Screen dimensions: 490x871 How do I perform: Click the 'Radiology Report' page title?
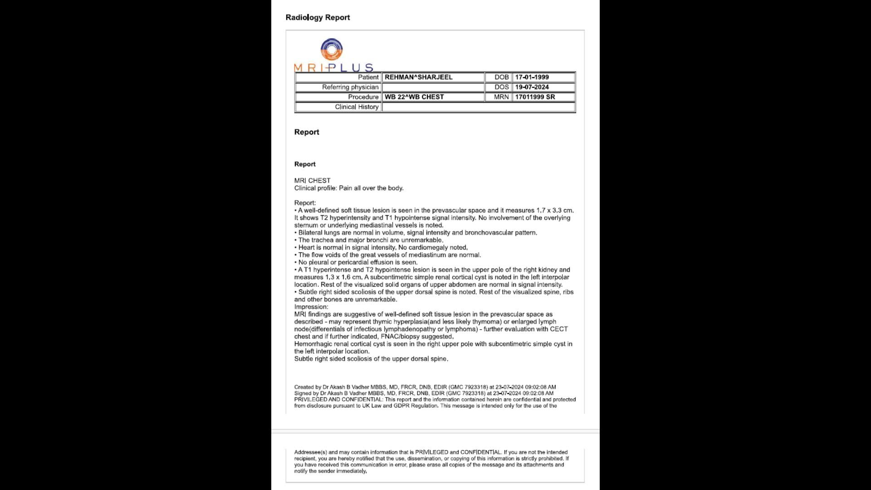click(x=318, y=17)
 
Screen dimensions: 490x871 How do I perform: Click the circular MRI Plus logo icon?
click(x=332, y=49)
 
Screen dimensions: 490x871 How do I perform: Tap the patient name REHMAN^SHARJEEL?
click(x=418, y=77)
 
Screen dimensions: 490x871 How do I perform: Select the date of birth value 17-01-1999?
click(x=532, y=77)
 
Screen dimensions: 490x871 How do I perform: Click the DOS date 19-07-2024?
click(x=532, y=87)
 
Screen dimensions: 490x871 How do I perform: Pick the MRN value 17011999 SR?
click(x=535, y=97)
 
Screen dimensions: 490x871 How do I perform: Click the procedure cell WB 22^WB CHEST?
click(x=414, y=97)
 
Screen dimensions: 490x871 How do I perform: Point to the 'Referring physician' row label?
click(x=350, y=87)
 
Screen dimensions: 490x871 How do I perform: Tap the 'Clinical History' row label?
click(x=356, y=107)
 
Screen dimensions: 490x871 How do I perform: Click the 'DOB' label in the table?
click(x=501, y=77)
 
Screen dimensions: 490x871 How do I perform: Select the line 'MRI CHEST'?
click(x=312, y=181)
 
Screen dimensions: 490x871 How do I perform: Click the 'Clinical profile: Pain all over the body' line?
click(x=348, y=188)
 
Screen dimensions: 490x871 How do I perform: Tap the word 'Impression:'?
click(x=311, y=307)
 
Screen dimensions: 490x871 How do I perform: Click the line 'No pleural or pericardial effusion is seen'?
click(x=357, y=262)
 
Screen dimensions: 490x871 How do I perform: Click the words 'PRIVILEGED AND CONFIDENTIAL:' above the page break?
click(x=338, y=400)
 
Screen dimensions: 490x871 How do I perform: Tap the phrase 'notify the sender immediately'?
click(x=330, y=471)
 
